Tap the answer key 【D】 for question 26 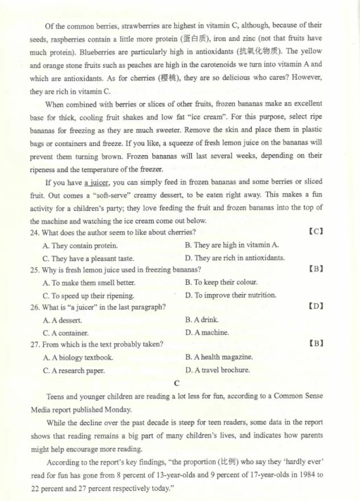click(x=316, y=307)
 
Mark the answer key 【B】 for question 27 click(x=316, y=344)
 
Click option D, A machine click(x=207, y=332)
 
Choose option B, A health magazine click(x=219, y=357)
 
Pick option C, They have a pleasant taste click(x=88, y=258)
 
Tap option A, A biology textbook click(x=78, y=358)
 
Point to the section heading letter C click(x=177, y=383)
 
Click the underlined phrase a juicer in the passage click(x=100, y=182)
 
